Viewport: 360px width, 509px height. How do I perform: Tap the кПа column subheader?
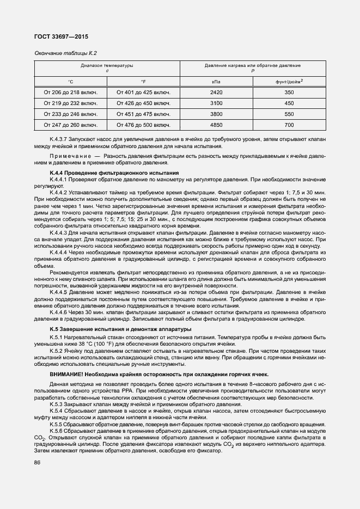(x=216, y=82)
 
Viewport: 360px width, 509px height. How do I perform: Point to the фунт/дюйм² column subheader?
(x=289, y=82)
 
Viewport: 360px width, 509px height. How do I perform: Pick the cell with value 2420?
(x=216, y=93)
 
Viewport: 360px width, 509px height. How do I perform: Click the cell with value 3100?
(x=216, y=103)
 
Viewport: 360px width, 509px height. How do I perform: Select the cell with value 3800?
(x=216, y=114)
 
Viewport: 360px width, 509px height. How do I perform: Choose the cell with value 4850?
(x=216, y=125)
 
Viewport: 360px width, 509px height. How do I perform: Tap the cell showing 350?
(x=289, y=93)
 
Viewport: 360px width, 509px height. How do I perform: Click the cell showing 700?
(x=289, y=125)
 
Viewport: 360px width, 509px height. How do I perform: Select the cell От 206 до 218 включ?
(x=71, y=93)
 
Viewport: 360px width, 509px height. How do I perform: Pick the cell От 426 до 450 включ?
(x=143, y=103)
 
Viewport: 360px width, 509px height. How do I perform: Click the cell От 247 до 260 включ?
(x=71, y=125)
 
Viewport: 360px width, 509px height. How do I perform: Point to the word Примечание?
(x=68, y=156)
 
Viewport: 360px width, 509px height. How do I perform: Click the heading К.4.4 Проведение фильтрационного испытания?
(x=114, y=173)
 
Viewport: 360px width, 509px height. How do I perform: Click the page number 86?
(x=38, y=463)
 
